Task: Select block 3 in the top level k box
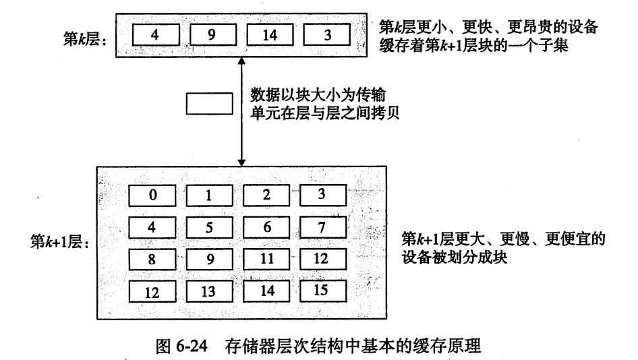point(327,35)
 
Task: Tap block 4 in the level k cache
point(156,35)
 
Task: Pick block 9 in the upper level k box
point(212,35)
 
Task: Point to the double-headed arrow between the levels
point(240,111)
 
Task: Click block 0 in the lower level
point(153,196)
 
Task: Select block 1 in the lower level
point(210,196)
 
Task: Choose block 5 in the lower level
point(210,227)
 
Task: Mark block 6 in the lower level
point(266,227)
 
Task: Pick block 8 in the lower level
point(153,259)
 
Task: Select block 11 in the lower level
point(266,259)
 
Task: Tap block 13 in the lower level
point(210,291)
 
